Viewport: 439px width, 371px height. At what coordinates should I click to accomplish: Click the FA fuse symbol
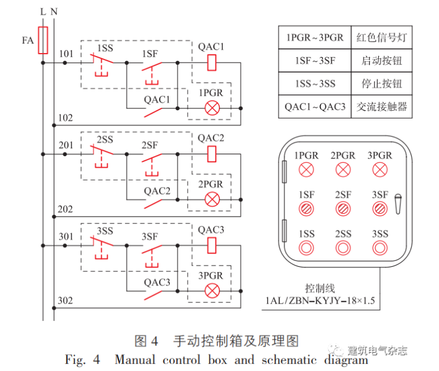pyautogui.click(x=43, y=40)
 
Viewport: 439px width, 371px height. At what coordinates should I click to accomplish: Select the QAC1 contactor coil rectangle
pyautogui.click(x=210, y=62)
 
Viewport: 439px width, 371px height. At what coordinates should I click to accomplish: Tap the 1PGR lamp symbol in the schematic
pyautogui.click(x=210, y=108)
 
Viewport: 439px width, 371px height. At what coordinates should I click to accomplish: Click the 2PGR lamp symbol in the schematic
pyautogui.click(x=210, y=199)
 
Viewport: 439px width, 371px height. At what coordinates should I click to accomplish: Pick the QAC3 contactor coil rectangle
pyautogui.click(x=210, y=245)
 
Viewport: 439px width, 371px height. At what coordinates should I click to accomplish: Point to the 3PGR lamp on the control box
pyautogui.click(x=380, y=170)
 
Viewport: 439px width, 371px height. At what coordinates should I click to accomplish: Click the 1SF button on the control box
pyautogui.click(x=306, y=209)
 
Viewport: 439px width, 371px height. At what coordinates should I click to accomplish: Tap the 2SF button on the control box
pyautogui.click(x=343, y=209)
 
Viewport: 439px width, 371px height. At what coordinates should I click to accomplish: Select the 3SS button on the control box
pyautogui.click(x=380, y=248)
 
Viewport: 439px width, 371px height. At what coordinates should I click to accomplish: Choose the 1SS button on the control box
pyautogui.click(x=306, y=248)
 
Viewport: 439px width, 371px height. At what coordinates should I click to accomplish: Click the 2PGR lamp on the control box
pyautogui.click(x=343, y=170)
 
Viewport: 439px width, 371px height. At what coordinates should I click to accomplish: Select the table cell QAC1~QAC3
pyautogui.click(x=315, y=107)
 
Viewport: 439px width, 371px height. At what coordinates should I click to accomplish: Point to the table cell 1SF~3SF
pyautogui.click(x=315, y=60)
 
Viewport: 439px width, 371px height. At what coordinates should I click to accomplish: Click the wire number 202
pyautogui.click(x=66, y=209)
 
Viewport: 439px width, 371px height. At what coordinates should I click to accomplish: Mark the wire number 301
pyautogui.click(x=66, y=237)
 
